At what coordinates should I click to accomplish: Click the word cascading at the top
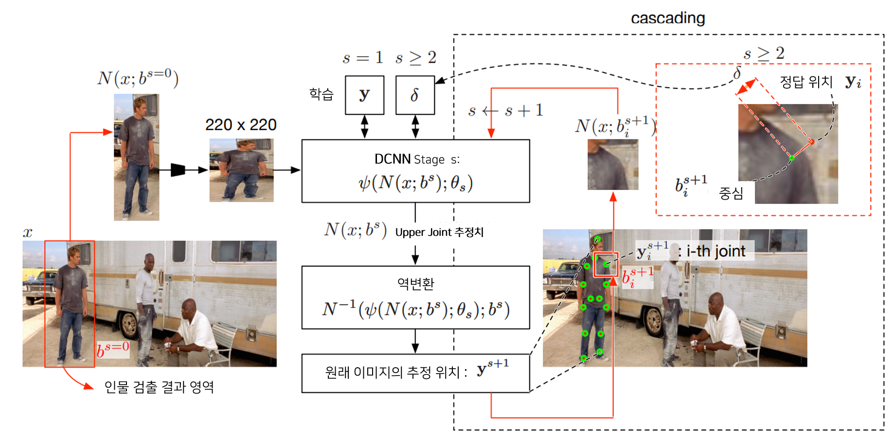[x=667, y=18]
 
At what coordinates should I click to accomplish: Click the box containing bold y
[x=364, y=95]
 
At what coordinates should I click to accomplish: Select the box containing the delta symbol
[x=415, y=95]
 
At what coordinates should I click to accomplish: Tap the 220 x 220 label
[x=241, y=125]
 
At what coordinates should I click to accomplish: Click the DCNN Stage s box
[x=415, y=171]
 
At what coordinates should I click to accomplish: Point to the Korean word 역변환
[x=415, y=283]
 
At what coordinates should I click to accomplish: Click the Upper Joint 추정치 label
[x=439, y=232]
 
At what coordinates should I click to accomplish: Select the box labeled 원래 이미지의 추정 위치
[x=415, y=373]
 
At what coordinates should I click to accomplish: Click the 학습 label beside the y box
[x=322, y=94]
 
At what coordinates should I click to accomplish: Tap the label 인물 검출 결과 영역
[x=159, y=387]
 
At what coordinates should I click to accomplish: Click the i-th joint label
[x=716, y=251]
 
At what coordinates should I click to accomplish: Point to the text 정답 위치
[x=806, y=82]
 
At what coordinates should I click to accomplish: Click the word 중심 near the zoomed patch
[x=731, y=193]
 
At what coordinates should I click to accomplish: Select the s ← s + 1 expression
[x=505, y=111]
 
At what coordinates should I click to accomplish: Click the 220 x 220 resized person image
[x=241, y=170]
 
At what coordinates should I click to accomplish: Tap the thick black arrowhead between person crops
[x=178, y=170]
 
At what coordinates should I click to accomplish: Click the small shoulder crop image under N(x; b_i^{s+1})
[x=613, y=164]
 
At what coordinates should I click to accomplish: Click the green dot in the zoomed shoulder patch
[x=792, y=158]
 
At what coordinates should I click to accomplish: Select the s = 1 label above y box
[x=363, y=58]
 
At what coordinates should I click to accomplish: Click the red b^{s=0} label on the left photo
[x=113, y=349]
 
